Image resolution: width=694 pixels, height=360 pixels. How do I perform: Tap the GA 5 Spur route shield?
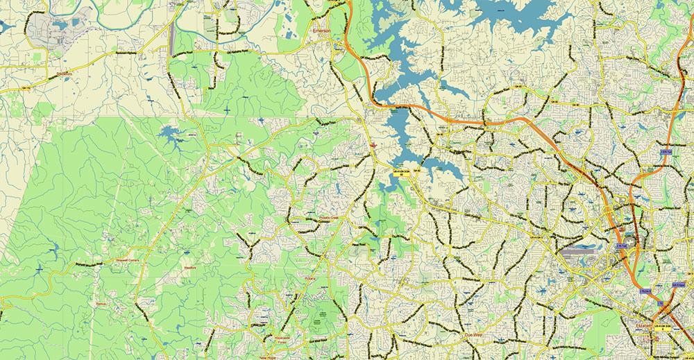click(669, 281)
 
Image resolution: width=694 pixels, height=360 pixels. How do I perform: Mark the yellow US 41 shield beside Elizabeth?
click(653, 332)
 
